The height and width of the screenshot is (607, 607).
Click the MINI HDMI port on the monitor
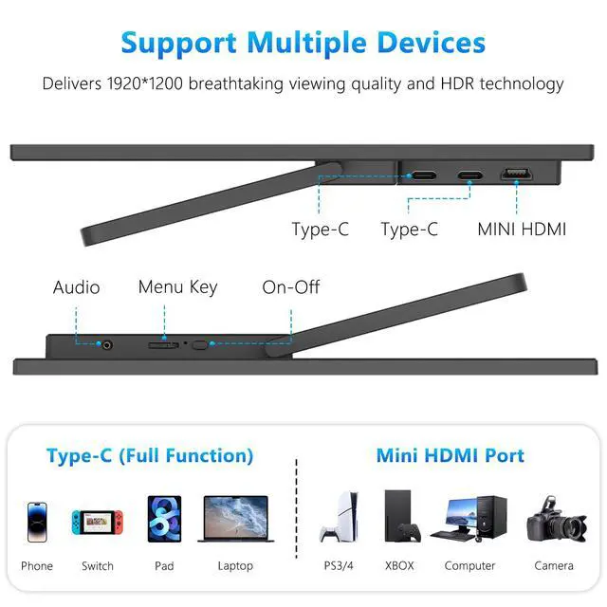point(517,174)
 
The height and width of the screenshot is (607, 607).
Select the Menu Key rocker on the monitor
point(162,345)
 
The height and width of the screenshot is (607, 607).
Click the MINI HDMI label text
point(522,229)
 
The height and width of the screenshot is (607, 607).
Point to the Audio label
point(76,286)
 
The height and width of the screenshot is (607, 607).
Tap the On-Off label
point(291,286)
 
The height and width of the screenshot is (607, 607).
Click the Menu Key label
point(177,286)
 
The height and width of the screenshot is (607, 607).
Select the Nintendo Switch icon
point(97,521)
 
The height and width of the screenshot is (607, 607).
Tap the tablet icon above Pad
point(164,520)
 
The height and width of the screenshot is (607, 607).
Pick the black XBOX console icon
point(399,517)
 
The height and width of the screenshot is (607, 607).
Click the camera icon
point(555,520)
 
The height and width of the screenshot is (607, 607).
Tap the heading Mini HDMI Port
point(450,455)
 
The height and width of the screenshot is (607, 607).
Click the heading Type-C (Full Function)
point(150,455)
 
